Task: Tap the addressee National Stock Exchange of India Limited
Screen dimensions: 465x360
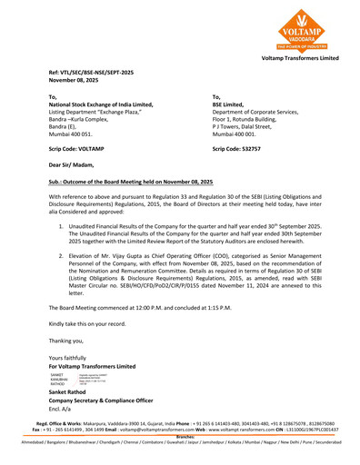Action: click(x=101, y=104)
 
